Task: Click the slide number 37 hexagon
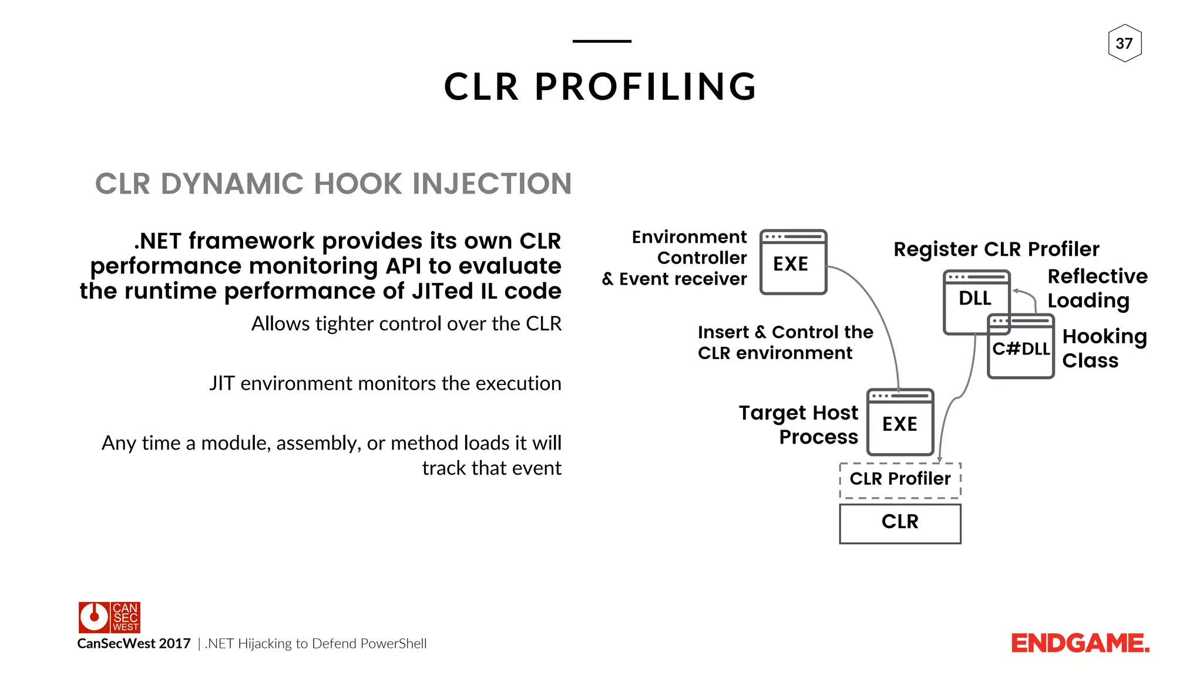(1124, 43)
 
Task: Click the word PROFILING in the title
(646, 87)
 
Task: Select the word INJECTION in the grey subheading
(492, 184)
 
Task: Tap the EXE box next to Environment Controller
(793, 263)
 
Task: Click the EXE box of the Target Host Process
(900, 422)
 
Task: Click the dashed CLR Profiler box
(900, 479)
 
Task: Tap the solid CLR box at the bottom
(900, 522)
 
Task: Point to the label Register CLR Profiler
(996, 249)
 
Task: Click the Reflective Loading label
(1096, 288)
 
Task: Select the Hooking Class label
(1103, 348)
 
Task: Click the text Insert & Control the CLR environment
(784, 343)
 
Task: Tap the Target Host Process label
(799, 425)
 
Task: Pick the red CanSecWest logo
(109, 617)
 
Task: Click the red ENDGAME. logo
(1080, 644)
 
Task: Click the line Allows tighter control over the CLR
(406, 324)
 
